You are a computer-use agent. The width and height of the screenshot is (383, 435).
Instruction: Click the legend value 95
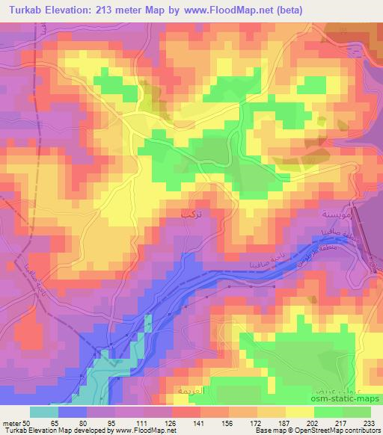click(114, 422)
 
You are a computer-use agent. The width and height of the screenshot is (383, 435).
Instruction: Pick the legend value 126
click(171, 422)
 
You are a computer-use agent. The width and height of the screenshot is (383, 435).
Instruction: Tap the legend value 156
click(228, 422)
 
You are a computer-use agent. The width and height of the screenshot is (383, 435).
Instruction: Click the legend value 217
click(342, 422)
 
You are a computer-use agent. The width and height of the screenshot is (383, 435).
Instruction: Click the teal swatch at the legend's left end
click(44, 412)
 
